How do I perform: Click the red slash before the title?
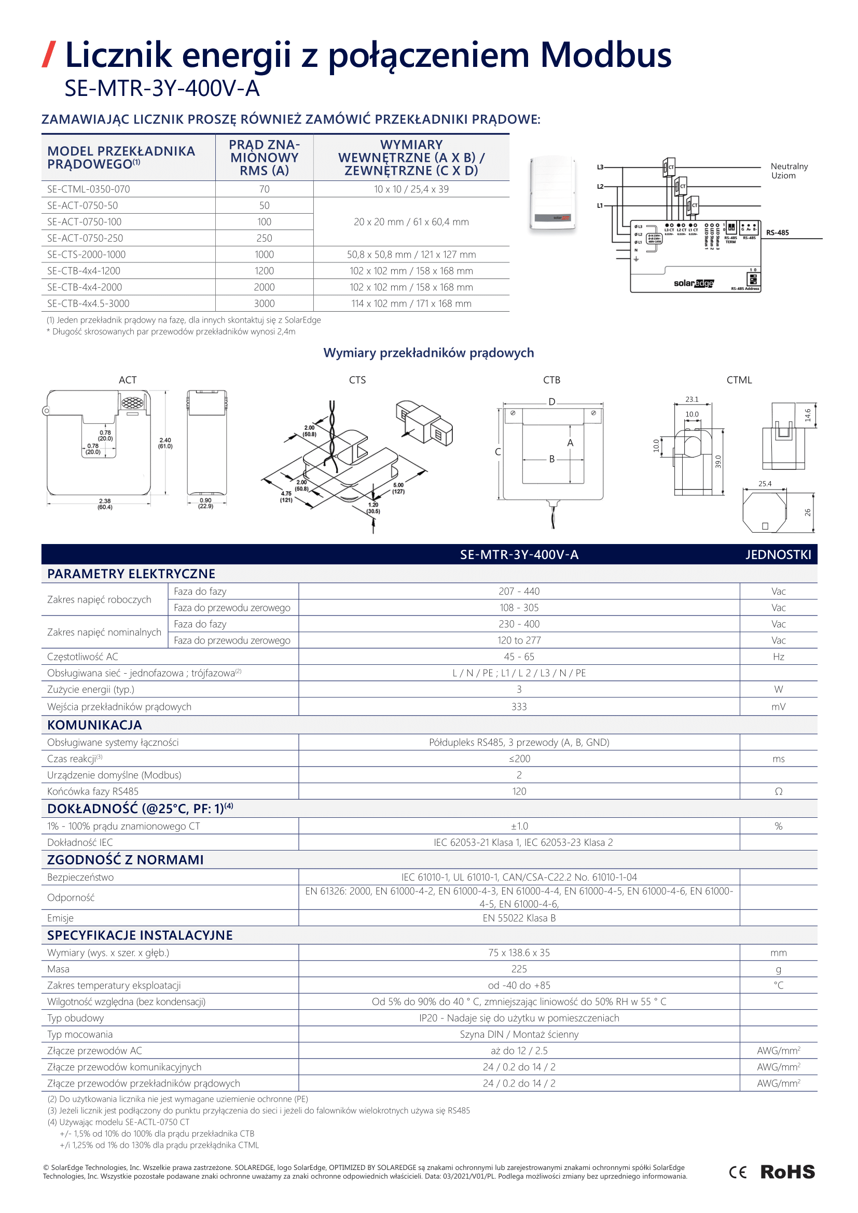click(x=49, y=54)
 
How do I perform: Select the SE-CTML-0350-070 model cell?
click(x=88, y=189)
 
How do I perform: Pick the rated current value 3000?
click(x=264, y=303)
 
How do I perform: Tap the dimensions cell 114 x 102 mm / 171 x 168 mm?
click(x=411, y=303)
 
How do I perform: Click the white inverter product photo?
click(x=552, y=193)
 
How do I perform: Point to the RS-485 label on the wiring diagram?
click(x=777, y=232)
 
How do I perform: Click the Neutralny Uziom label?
click(x=789, y=171)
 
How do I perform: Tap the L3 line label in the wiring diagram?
click(x=600, y=167)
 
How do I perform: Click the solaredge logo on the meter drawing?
click(x=693, y=283)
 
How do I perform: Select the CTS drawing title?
click(x=357, y=380)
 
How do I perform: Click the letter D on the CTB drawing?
click(x=551, y=401)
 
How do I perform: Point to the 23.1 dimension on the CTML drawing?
click(x=691, y=399)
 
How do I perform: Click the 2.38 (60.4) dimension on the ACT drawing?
click(x=105, y=504)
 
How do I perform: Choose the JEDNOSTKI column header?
click(x=778, y=554)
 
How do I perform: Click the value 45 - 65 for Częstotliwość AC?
click(x=519, y=657)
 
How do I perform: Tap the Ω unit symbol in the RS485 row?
click(x=778, y=791)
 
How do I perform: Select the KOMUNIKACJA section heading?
click(x=94, y=725)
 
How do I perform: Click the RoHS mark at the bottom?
click(x=787, y=1172)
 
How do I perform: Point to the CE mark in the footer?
click(x=738, y=1173)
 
